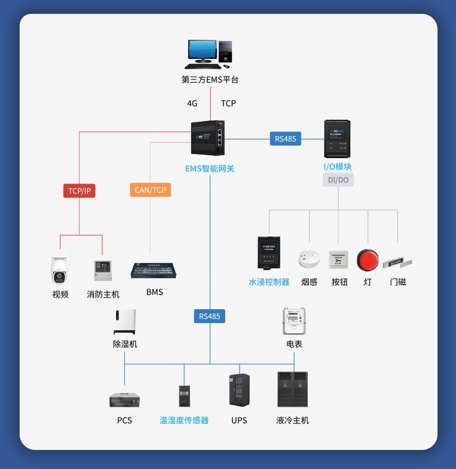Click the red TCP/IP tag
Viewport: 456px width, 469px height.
[x=80, y=191]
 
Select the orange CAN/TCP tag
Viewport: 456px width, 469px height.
[x=150, y=190]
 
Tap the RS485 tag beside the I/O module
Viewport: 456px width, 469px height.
[x=285, y=139]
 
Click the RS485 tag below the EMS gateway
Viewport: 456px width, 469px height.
[x=210, y=316]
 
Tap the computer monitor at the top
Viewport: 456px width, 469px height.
[x=202, y=53]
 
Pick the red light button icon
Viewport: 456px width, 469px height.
[x=367, y=259]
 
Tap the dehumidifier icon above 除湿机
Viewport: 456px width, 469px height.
[x=125, y=321]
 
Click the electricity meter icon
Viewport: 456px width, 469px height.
[x=294, y=321]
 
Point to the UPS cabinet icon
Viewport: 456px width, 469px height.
[x=239, y=389]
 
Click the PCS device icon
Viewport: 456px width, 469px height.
[x=125, y=400]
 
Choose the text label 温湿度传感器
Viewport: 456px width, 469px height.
[x=184, y=420]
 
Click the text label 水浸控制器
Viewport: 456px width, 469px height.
[x=269, y=282]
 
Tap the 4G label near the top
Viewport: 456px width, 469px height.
[x=192, y=103]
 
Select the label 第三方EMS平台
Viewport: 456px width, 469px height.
[x=210, y=80]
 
